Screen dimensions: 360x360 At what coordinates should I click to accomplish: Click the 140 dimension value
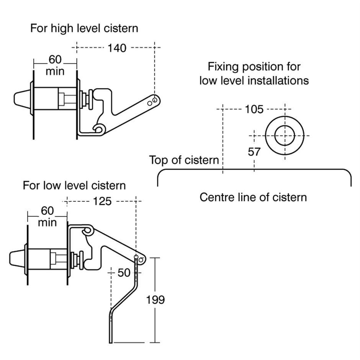pyautogui.click(x=116, y=48)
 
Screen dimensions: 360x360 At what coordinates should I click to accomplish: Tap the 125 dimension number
pyautogui.click(x=102, y=201)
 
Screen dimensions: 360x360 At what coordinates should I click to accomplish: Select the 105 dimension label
pyautogui.click(x=254, y=110)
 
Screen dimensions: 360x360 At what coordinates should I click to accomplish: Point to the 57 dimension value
pyautogui.click(x=254, y=152)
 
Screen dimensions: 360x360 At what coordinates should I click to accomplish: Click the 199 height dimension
pyautogui.click(x=155, y=300)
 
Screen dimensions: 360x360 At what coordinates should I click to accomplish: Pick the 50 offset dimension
pyautogui.click(x=124, y=273)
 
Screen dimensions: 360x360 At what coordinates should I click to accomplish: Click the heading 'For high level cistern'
pyautogui.click(x=84, y=28)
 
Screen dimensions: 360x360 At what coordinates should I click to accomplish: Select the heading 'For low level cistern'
pyautogui.click(x=74, y=185)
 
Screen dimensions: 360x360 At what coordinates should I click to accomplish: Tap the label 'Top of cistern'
pyautogui.click(x=184, y=160)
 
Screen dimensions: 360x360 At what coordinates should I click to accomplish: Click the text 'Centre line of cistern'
pyautogui.click(x=253, y=197)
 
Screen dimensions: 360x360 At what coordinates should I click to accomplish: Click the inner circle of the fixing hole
pyautogui.click(x=285, y=136)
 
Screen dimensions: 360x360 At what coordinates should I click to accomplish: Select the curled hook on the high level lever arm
pyautogui.click(x=99, y=129)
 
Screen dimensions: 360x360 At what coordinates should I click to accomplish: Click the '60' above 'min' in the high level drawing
pyautogui.click(x=55, y=59)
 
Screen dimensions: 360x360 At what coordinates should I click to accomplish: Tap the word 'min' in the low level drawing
pyautogui.click(x=47, y=223)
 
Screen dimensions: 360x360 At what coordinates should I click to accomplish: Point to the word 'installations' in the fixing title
pyautogui.click(x=279, y=81)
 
